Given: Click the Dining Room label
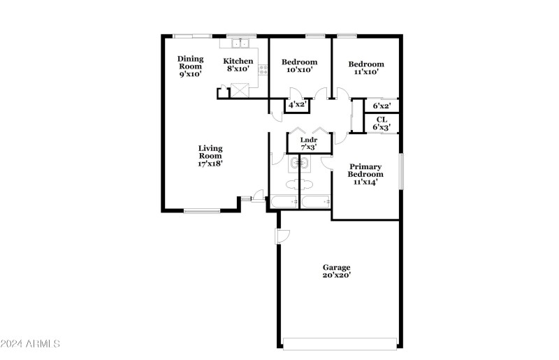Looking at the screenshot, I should click(x=190, y=66).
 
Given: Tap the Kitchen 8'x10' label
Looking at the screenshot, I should click(x=238, y=65).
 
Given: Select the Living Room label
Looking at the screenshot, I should click(x=210, y=155).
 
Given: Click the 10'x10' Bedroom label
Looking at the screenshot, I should click(x=299, y=66).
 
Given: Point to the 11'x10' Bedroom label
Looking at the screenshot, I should click(x=366, y=68).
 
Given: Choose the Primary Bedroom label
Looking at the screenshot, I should click(x=365, y=174).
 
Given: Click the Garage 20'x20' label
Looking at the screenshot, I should click(x=336, y=271).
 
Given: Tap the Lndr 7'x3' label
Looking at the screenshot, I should click(x=308, y=143).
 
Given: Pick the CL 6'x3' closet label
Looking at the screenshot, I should click(x=382, y=123).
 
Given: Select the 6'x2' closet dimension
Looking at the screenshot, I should click(x=382, y=106).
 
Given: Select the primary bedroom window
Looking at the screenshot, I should click(x=400, y=171).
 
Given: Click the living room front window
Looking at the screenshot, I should click(x=201, y=210).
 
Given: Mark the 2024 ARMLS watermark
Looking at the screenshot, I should click(x=31, y=344).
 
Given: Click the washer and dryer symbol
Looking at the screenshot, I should click(x=300, y=164).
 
